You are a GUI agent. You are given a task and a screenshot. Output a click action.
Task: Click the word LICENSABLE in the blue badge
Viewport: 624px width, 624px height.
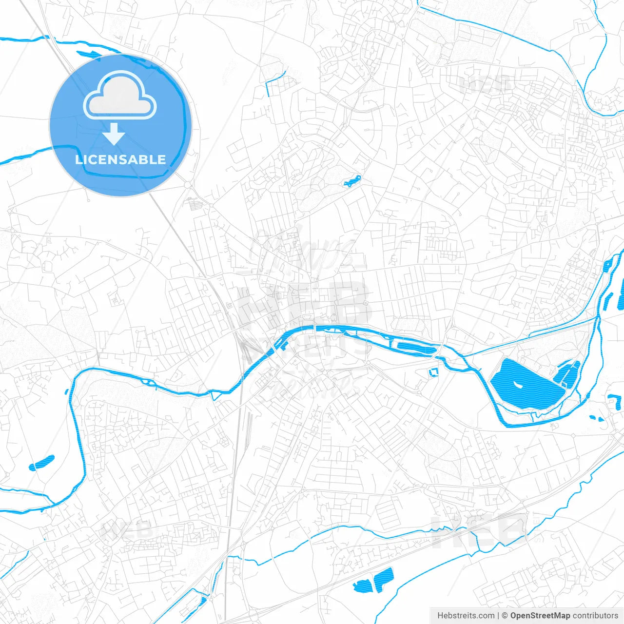tap(120, 159)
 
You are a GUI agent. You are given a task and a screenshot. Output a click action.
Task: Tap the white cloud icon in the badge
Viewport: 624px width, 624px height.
tap(120, 96)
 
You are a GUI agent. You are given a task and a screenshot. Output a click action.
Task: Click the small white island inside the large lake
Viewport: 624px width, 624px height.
tap(516, 385)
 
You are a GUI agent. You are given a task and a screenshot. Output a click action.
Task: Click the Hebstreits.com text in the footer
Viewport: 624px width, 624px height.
tap(466, 616)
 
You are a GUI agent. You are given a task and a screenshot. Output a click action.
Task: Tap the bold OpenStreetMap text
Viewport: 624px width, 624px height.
tap(540, 616)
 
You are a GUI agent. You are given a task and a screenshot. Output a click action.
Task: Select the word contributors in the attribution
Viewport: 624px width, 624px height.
tap(595, 616)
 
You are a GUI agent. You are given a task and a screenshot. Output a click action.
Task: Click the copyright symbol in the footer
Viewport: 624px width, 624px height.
tap(505, 616)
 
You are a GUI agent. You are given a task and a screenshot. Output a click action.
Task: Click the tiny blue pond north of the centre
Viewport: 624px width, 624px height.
tap(352, 181)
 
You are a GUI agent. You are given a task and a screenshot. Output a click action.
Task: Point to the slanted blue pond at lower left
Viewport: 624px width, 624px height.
tap(42, 462)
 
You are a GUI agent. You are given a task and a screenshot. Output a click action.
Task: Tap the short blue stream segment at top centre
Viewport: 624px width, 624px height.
tap(274, 80)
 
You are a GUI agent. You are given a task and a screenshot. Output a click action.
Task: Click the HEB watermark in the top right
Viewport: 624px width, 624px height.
tap(485, 86)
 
